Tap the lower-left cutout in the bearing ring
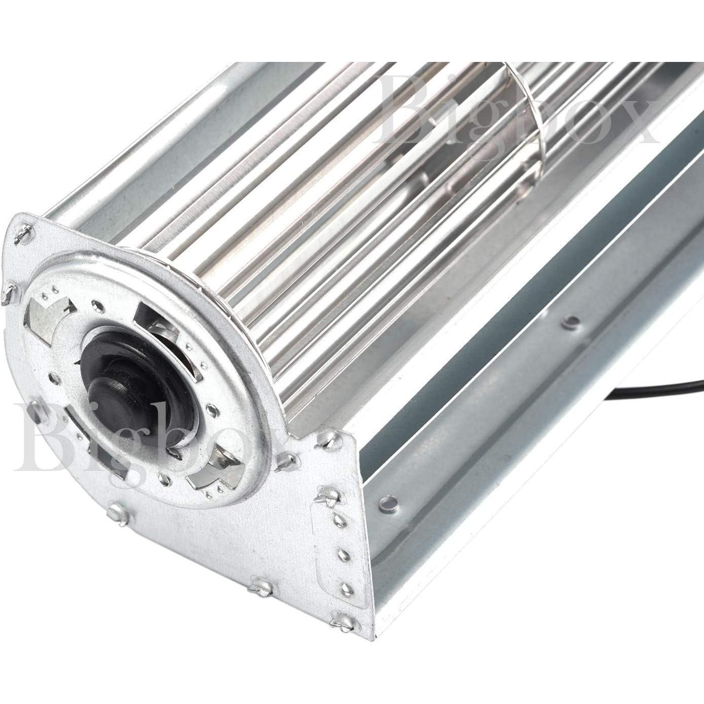click(x=94, y=447)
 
